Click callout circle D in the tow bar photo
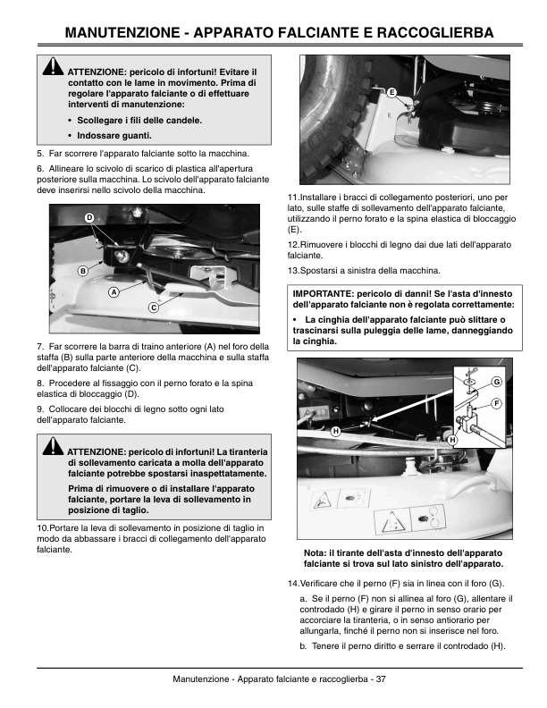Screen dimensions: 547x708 click(x=89, y=217)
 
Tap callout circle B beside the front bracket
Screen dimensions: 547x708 click(x=83, y=271)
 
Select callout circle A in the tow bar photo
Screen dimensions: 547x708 click(x=114, y=292)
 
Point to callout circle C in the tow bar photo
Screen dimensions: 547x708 click(x=154, y=308)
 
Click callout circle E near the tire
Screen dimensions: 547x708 click(x=391, y=92)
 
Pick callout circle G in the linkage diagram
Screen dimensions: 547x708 click(x=496, y=382)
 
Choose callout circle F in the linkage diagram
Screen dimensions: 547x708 click(x=496, y=403)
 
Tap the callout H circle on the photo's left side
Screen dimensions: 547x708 click(x=336, y=431)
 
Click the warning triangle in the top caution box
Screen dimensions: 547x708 click(x=54, y=66)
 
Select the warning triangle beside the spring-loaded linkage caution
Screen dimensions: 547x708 click(x=54, y=445)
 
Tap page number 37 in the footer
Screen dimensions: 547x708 click(x=381, y=678)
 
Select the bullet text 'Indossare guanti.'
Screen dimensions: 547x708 click(x=114, y=136)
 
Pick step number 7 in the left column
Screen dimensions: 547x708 click(x=40, y=346)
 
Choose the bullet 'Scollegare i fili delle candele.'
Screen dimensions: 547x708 click(x=139, y=121)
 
